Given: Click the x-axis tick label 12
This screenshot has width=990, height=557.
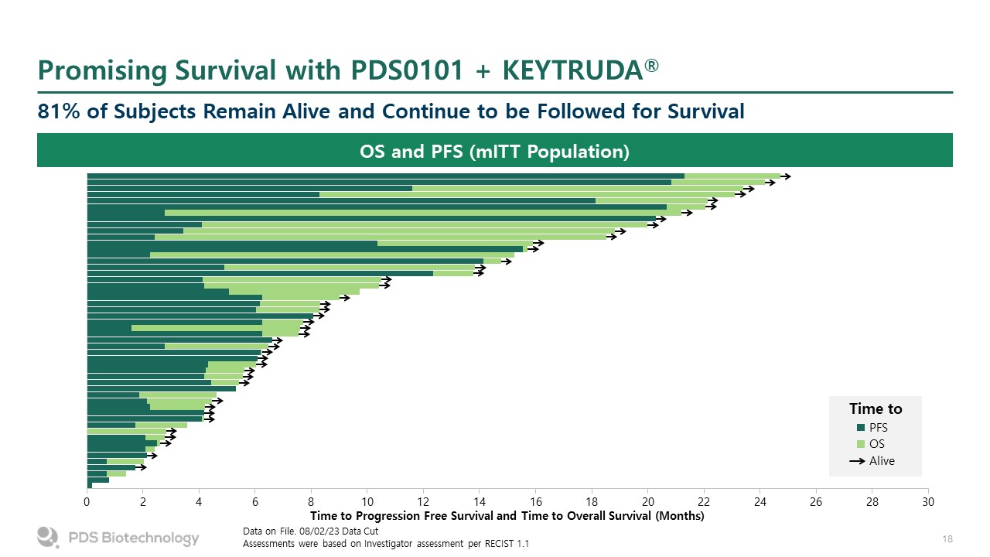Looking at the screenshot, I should [x=423, y=502].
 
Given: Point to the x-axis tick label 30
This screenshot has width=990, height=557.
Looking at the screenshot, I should [x=928, y=502].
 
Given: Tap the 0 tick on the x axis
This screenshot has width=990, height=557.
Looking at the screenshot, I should [x=87, y=502].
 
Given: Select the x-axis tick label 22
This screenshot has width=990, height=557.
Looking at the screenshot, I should [x=704, y=502].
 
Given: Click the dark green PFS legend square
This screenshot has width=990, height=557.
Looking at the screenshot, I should [x=860, y=427].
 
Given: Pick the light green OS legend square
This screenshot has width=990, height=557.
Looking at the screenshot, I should [x=860, y=444].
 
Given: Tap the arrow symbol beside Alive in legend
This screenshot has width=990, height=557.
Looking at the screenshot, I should [x=857, y=461].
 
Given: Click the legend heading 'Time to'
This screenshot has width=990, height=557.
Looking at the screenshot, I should [x=876, y=408].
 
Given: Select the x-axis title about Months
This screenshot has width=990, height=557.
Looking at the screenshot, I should [x=507, y=516].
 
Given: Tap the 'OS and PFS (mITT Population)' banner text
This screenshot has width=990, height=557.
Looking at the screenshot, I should [x=495, y=151].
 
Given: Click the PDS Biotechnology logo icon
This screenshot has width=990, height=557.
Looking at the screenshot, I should [x=48, y=537].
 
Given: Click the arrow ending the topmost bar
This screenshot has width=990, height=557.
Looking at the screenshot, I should [x=786, y=176].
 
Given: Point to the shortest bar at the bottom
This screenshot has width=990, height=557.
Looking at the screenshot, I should [x=90, y=486].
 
